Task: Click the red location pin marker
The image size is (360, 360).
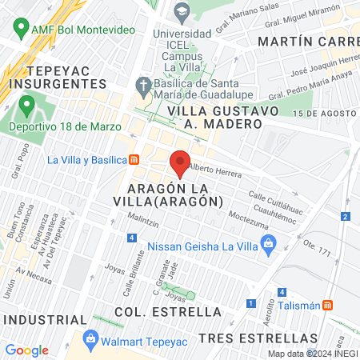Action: point(180,162)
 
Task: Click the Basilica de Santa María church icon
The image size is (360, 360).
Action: point(143,85)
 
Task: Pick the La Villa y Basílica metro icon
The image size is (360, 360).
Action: point(134,159)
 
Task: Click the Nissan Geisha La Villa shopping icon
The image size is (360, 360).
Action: point(268,242)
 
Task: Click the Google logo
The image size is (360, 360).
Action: point(26,350)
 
